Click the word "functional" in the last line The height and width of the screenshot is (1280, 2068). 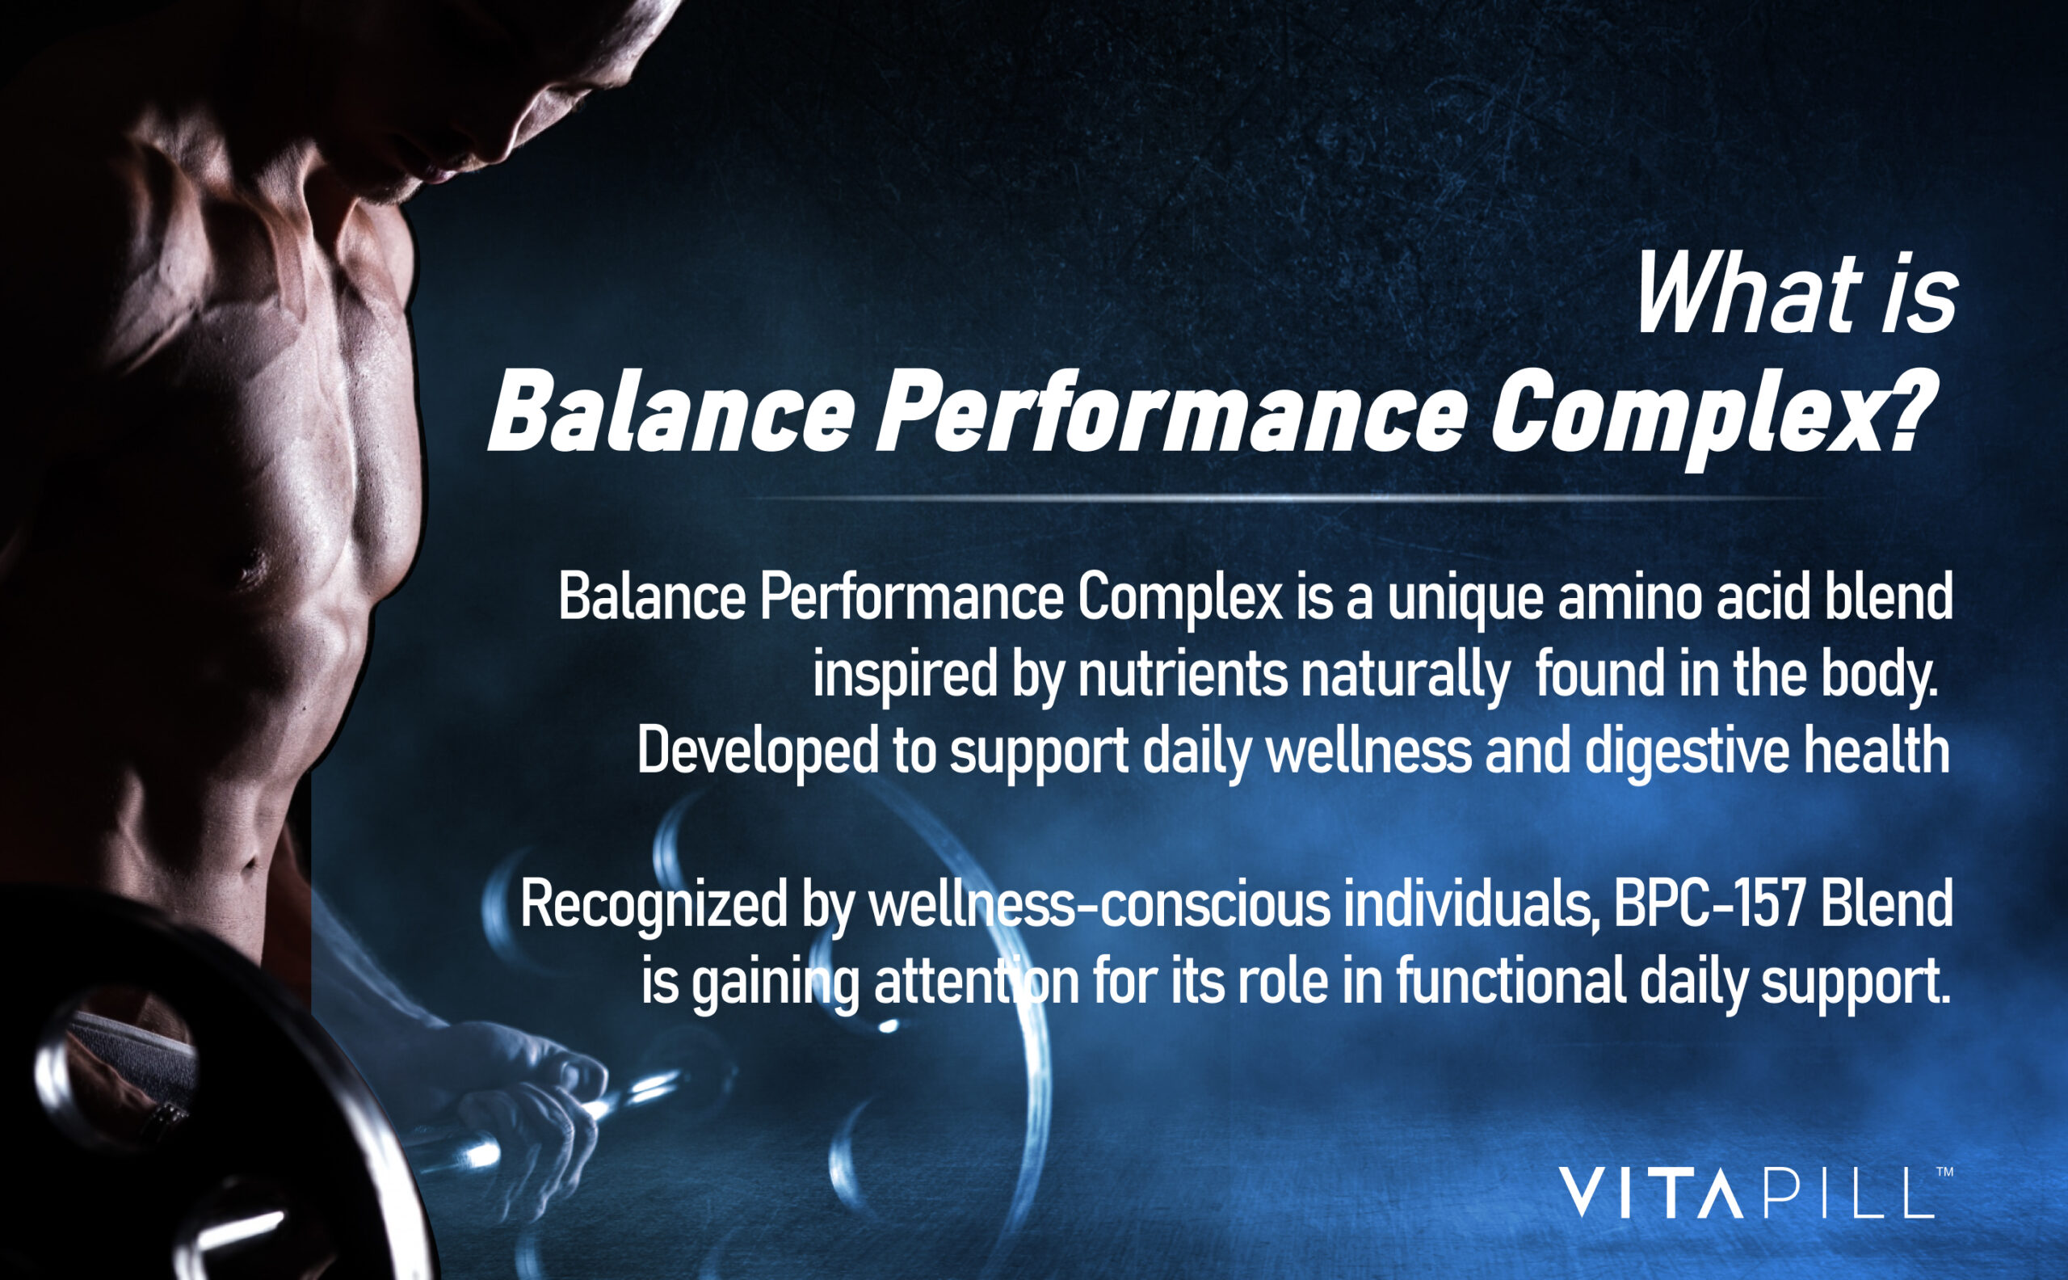point(1511,982)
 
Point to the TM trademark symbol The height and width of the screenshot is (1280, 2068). point(1944,1172)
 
